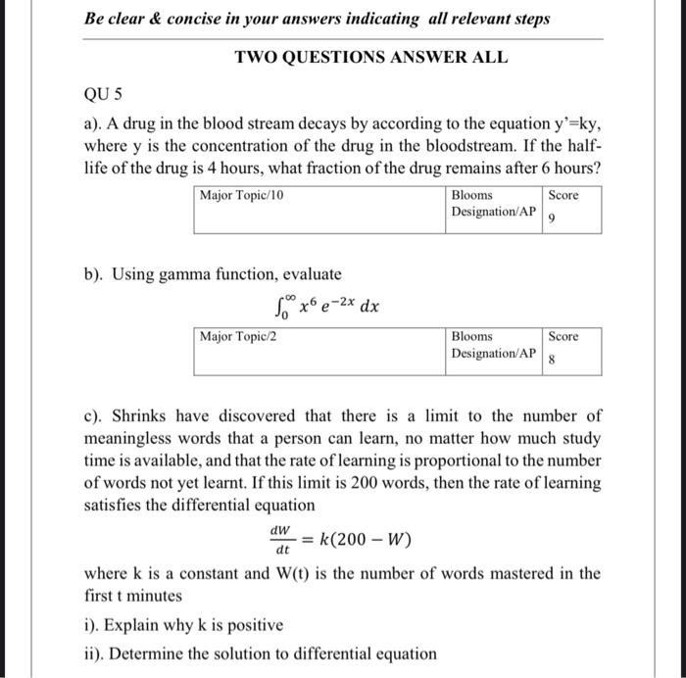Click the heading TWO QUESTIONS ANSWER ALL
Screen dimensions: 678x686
pos(371,57)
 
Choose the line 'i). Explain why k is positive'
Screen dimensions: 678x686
pos(183,625)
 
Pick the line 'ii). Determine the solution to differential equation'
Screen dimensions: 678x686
pos(260,654)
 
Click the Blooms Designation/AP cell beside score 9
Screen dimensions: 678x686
pos(493,204)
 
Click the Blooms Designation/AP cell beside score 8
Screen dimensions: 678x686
pos(493,345)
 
